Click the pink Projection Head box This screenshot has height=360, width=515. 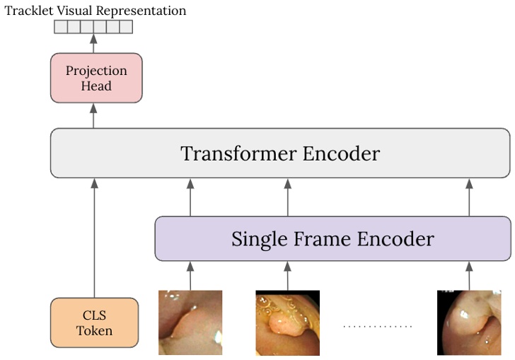[96, 78]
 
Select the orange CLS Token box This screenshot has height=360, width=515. [94, 323]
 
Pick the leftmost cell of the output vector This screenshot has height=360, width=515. [61, 28]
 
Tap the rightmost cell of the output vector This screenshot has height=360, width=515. [126, 28]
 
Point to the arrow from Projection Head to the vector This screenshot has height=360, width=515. [93, 43]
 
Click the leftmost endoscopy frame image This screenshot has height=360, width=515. [190, 323]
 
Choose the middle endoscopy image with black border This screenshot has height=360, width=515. [287, 323]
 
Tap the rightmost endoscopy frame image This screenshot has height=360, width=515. [469, 323]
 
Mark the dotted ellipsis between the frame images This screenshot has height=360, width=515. [378, 326]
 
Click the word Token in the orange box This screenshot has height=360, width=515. [94, 330]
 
